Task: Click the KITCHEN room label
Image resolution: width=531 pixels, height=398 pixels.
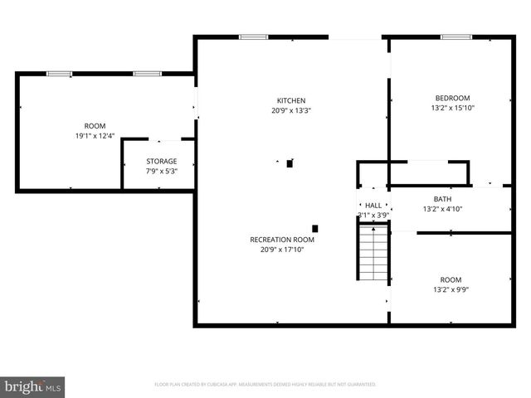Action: [x=290, y=100]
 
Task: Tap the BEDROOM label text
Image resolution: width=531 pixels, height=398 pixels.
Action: [x=451, y=97]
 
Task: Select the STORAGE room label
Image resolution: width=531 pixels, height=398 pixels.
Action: [x=162, y=161]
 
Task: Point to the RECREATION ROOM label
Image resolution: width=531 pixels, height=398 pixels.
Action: [x=282, y=240]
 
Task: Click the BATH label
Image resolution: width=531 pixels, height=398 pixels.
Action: [x=442, y=199]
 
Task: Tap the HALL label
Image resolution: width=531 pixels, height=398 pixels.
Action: [x=373, y=205]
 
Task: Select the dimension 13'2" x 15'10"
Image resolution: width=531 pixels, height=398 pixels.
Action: [x=452, y=108]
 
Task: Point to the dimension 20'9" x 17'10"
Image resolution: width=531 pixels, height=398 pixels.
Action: [x=282, y=250]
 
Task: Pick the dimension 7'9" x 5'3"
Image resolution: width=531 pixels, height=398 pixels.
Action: [x=162, y=171]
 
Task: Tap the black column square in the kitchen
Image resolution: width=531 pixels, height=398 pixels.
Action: [x=290, y=163]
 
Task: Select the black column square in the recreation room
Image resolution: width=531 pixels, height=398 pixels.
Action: [x=314, y=228]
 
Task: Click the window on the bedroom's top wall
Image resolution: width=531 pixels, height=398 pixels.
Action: [x=455, y=36]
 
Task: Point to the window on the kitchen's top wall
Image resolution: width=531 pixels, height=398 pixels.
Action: [x=254, y=36]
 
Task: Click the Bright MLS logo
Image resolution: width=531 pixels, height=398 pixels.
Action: [x=33, y=386]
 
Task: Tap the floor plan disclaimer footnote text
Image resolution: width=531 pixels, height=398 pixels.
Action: [x=265, y=385]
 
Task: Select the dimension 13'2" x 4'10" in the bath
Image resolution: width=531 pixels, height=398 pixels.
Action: [x=442, y=209]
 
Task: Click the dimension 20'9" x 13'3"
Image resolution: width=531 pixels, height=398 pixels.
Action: [x=290, y=110]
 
